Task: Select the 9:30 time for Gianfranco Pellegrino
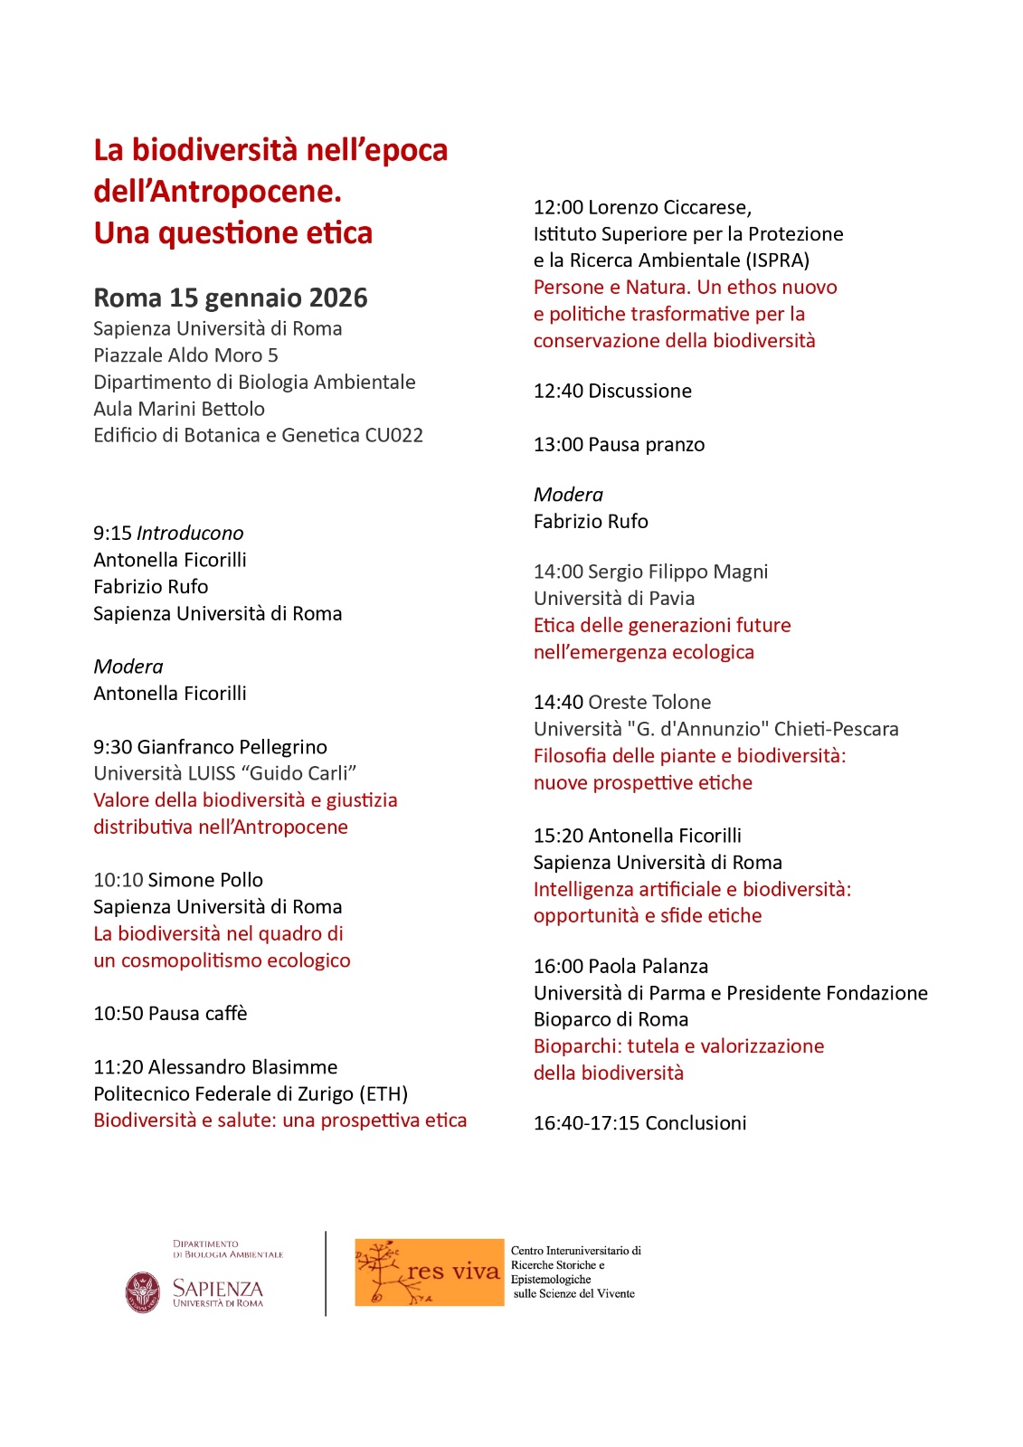113,747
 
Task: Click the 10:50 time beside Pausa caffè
118,1014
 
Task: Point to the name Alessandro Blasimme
242,1067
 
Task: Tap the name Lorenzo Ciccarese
669,207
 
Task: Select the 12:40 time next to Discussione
558,392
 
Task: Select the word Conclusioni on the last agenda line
696,1123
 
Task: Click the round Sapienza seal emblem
143,1291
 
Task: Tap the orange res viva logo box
429,1272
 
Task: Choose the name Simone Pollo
205,881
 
